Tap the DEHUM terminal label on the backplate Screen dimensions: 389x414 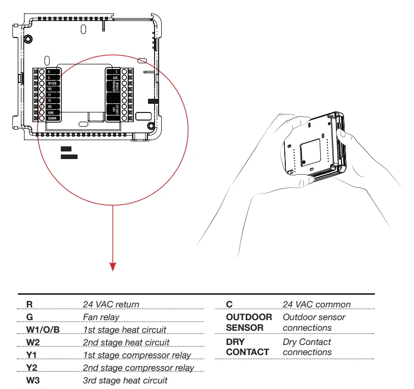53,118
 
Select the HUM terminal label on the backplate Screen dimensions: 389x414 51,112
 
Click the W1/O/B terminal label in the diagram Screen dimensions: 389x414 53,83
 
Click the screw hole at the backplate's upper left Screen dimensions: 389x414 29,38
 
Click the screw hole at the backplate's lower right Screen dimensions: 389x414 150,126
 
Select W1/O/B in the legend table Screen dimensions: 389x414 43,330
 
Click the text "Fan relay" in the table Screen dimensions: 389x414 101,317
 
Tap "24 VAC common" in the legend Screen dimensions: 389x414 316,304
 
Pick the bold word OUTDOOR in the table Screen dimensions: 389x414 249,317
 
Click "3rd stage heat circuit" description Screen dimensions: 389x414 125,380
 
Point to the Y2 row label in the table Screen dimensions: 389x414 32,367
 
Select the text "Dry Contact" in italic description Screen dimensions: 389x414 307,342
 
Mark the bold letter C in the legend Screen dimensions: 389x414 229,304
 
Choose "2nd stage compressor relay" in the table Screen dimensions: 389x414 138,367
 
